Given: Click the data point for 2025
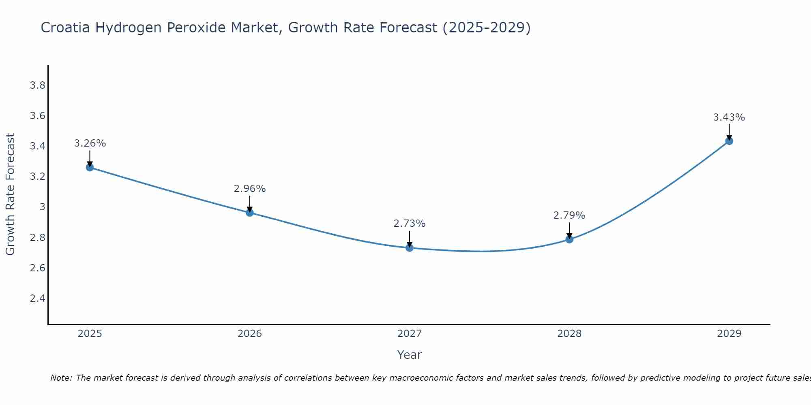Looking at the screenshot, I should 90,167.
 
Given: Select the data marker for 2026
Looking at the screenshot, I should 250,213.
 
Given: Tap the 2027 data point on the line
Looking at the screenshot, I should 410,248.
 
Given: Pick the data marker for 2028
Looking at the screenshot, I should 569,239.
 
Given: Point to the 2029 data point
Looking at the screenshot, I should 729,141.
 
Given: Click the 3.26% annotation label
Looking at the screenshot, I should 90,143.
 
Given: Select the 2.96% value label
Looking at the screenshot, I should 250,189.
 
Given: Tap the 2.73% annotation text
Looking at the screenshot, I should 410,224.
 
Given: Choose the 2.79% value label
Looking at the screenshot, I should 569,215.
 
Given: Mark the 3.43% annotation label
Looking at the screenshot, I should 729,117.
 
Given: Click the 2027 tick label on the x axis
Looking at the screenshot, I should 410,334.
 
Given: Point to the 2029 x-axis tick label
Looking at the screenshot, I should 729,334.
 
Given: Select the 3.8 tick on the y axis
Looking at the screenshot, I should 38,85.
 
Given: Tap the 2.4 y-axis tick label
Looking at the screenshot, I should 38,298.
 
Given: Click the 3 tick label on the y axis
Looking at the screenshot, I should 42,207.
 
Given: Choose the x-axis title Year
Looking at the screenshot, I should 410,355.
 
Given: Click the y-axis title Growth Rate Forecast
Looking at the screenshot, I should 10,194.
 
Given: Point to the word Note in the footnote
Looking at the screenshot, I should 61,378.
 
